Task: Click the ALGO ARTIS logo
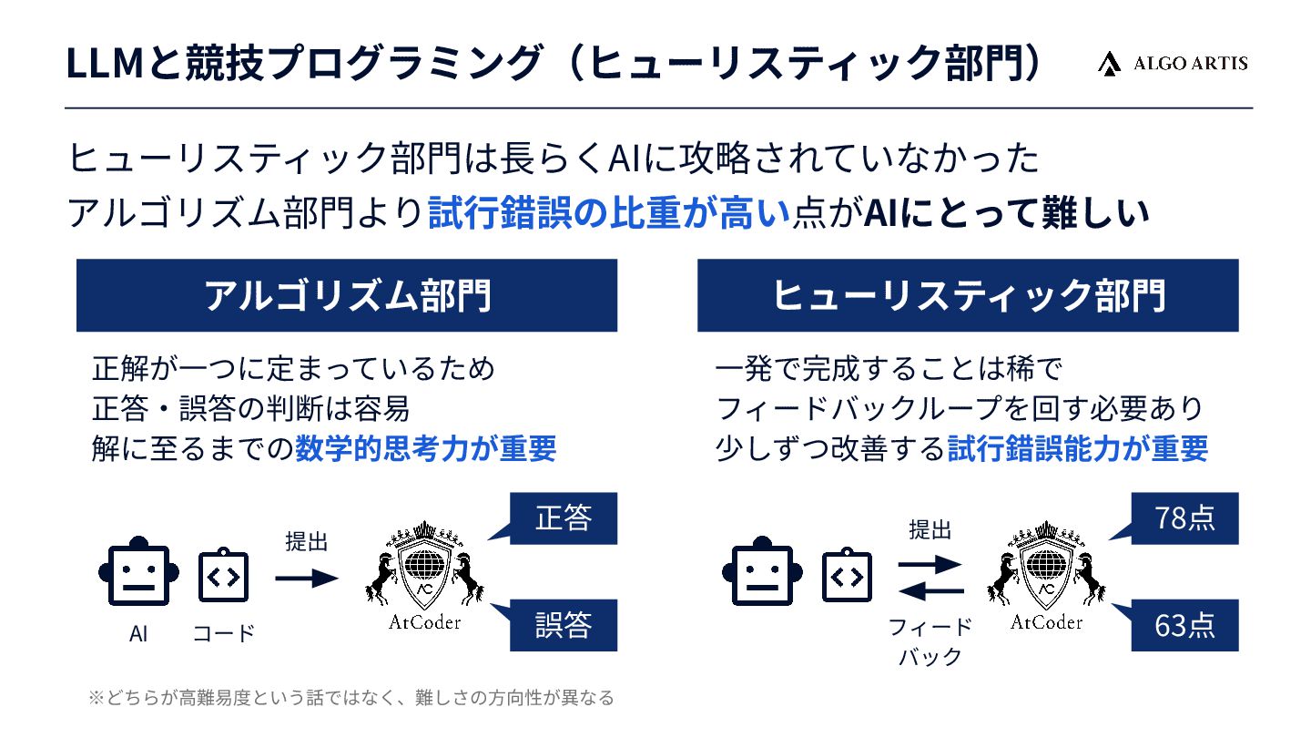pyautogui.click(x=1172, y=63)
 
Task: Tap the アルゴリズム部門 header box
pyautogui.click(x=347, y=295)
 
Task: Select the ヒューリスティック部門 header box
pyautogui.click(x=968, y=295)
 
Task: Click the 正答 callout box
pyautogui.click(x=563, y=518)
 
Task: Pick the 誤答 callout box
pyautogui.click(x=563, y=625)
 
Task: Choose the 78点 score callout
pyautogui.click(x=1184, y=518)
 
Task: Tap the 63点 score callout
pyautogui.click(x=1184, y=625)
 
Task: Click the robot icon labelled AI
pyautogui.click(x=138, y=577)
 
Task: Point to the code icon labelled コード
pyautogui.click(x=224, y=577)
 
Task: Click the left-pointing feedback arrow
pyautogui.click(x=930, y=594)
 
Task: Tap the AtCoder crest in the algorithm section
pyautogui.click(x=425, y=569)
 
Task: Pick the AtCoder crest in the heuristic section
pyautogui.click(x=1047, y=569)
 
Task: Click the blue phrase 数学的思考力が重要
pyautogui.click(x=425, y=449)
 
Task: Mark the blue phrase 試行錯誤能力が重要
pyautogui.click(x=1078, y=449)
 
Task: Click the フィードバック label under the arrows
pyautogui.click(x=930, y=641)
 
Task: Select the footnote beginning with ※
pyautogui.click(x=351, y=699)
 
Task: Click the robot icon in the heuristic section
pyautogui.click(x=762, y=577)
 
